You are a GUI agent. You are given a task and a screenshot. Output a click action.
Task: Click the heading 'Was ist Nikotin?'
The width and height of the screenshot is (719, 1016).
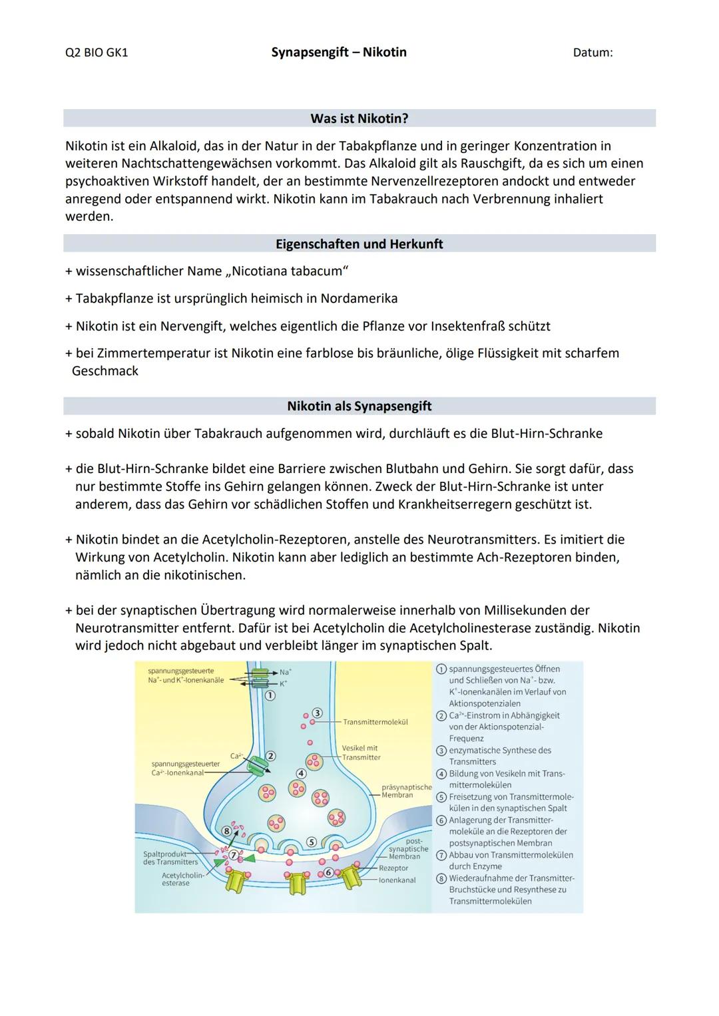tap(359, 118)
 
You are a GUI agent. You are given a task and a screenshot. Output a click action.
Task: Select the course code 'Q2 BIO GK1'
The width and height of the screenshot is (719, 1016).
tap(97, 52)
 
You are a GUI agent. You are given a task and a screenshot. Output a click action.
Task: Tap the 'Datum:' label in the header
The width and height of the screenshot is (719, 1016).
tap(593, 52)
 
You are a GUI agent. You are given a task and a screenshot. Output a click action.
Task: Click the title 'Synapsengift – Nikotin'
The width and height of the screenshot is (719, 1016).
tap(339, 52)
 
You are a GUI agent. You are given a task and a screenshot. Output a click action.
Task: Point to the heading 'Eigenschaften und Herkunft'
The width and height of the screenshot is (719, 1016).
tap(359, 244)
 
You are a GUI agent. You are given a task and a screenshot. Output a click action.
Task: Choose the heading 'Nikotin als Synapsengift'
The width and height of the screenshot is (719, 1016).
tap(359, 406)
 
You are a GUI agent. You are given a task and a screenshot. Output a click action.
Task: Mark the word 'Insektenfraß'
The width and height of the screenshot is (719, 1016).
tap(468, 326)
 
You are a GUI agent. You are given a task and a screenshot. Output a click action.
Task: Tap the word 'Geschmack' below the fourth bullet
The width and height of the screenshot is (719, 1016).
tap(105, 371)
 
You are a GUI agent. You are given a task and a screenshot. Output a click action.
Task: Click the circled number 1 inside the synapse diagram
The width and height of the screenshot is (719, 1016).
tap(270, 696)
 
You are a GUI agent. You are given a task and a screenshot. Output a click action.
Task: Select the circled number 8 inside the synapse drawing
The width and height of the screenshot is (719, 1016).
tap(227, 831)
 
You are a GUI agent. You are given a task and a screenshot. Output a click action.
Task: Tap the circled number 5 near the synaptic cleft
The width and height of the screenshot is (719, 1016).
tap(310, 842)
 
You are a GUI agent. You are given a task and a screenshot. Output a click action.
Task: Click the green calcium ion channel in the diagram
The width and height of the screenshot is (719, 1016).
tap(254, 764)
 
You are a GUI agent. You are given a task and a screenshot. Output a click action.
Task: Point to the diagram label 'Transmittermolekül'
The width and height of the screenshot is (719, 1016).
tap(375, 722)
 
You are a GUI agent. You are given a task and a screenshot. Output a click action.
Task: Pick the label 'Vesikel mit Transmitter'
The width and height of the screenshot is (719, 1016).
tap(361, 753)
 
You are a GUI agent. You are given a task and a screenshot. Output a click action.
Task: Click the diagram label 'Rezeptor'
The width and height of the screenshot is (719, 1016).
tap(393, 868)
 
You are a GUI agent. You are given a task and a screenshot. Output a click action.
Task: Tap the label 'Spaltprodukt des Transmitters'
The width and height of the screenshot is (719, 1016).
tap(170, 858)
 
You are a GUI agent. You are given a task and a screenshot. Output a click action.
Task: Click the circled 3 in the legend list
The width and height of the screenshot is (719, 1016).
tap(441, 751)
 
